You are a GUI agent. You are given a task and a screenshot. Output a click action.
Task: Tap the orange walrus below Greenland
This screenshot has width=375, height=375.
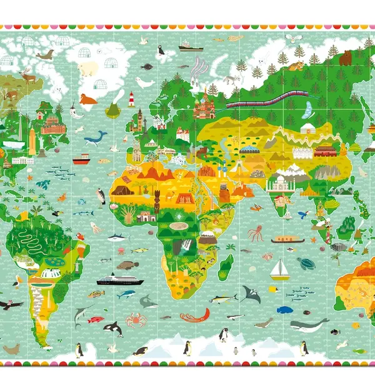pos(88,99)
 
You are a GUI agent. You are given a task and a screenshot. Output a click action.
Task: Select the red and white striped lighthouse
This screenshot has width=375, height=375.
pos(131,99)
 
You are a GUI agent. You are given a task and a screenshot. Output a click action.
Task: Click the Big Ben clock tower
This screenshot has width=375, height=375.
pos(141,119)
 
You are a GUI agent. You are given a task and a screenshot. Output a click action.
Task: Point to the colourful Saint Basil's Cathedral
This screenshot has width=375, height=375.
pos(204,106)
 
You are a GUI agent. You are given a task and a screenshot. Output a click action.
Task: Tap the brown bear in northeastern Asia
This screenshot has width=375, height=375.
pos(346,58)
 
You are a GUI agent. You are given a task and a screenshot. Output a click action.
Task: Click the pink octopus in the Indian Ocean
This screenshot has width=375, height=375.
pos(255,234)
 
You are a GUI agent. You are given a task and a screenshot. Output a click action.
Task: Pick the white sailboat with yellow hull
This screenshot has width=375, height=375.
pos(279,270)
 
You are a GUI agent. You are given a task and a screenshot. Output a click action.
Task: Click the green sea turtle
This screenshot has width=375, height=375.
pos(306,263)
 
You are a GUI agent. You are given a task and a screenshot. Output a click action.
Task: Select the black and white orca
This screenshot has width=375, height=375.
pos(112,329)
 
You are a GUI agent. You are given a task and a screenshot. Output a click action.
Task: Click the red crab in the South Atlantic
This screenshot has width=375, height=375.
pos(136,320)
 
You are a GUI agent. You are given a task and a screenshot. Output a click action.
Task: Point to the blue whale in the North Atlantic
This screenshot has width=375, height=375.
pos(96,137)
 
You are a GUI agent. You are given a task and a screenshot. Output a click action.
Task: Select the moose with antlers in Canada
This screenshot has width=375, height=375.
pos(29,77)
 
